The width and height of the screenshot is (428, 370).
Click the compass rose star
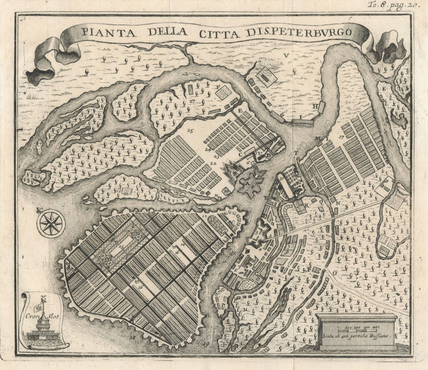pyautogui.click(x=51, y=222)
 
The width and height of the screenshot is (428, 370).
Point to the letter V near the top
pyautogui.click(x=286, y=55)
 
